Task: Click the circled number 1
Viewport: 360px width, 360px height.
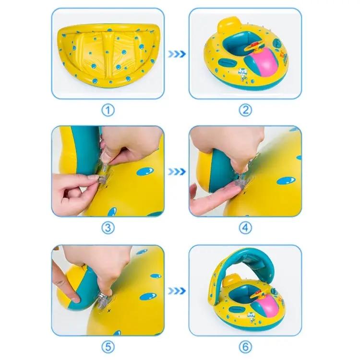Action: pos(108,110)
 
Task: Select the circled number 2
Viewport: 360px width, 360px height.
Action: pos(245,110)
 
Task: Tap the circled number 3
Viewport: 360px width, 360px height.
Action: pos(108,228)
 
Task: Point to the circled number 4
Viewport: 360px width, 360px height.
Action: pos(245,228)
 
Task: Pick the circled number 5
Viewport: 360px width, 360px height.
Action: pos(108,347)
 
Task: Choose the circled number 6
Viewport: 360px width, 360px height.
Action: pos(245,347)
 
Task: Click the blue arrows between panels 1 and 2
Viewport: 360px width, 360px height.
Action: pos(177,54)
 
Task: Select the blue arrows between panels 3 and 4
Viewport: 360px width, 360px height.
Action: pos(177,171)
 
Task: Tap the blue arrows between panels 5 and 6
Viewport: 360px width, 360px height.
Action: pos(177,291)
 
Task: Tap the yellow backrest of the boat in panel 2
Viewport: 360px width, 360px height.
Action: pos(228,24)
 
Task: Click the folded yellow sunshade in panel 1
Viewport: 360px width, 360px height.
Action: pos(108,55)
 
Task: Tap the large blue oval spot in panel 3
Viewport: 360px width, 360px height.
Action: pos(145,171)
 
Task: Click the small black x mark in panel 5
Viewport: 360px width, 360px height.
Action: pos(109,311)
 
